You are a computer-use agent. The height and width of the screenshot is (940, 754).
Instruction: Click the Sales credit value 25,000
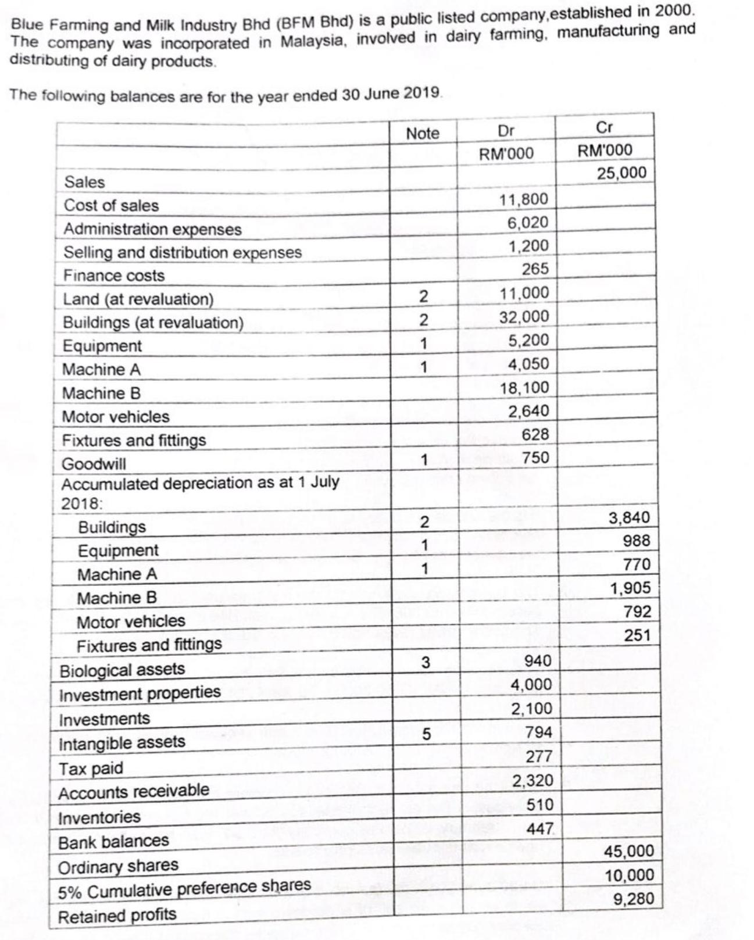tap(621, 173)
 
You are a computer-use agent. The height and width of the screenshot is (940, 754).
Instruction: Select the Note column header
tap(423, 134)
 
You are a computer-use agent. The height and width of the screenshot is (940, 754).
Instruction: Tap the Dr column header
tap(506, 131)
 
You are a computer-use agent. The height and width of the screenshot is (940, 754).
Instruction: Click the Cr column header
tap(605, 127)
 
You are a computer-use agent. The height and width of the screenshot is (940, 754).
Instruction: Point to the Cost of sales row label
tap(111, 205)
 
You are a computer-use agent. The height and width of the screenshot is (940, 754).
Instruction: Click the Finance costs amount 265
tap(535, 269)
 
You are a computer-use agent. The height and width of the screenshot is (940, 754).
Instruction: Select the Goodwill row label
tap(94, 464)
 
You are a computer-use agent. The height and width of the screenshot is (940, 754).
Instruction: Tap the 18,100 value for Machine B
tap(524, 388)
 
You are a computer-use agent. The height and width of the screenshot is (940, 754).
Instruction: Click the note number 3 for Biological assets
tap(426, 663)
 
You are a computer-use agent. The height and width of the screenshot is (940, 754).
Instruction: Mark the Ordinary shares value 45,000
tap(629, 851)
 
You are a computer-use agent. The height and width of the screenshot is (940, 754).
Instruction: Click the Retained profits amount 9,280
tap(634, 899)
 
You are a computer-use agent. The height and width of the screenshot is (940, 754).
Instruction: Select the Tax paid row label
tap(91, 769)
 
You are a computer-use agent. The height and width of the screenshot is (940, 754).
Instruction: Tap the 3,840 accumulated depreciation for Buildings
tap(629, 517)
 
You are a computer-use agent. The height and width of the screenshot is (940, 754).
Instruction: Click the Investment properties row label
tap(140, 694)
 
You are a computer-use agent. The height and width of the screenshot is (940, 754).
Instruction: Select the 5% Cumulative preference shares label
tap(184, 889)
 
